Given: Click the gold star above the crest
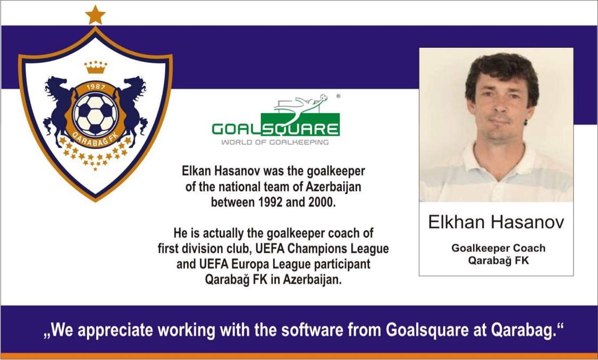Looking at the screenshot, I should [95, 15].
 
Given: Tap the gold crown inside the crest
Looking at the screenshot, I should [96, 67].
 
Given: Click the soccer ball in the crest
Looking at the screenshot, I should [95, 113].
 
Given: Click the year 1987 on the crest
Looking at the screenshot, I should [96, 87].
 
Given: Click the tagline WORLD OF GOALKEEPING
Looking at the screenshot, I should [275, 143].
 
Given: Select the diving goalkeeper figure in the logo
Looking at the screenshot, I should [300, 103].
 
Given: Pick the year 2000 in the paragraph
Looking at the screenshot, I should [322, 203].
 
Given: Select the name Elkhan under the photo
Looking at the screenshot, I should [458, 222].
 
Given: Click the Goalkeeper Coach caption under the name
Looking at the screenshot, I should [498, 248].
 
